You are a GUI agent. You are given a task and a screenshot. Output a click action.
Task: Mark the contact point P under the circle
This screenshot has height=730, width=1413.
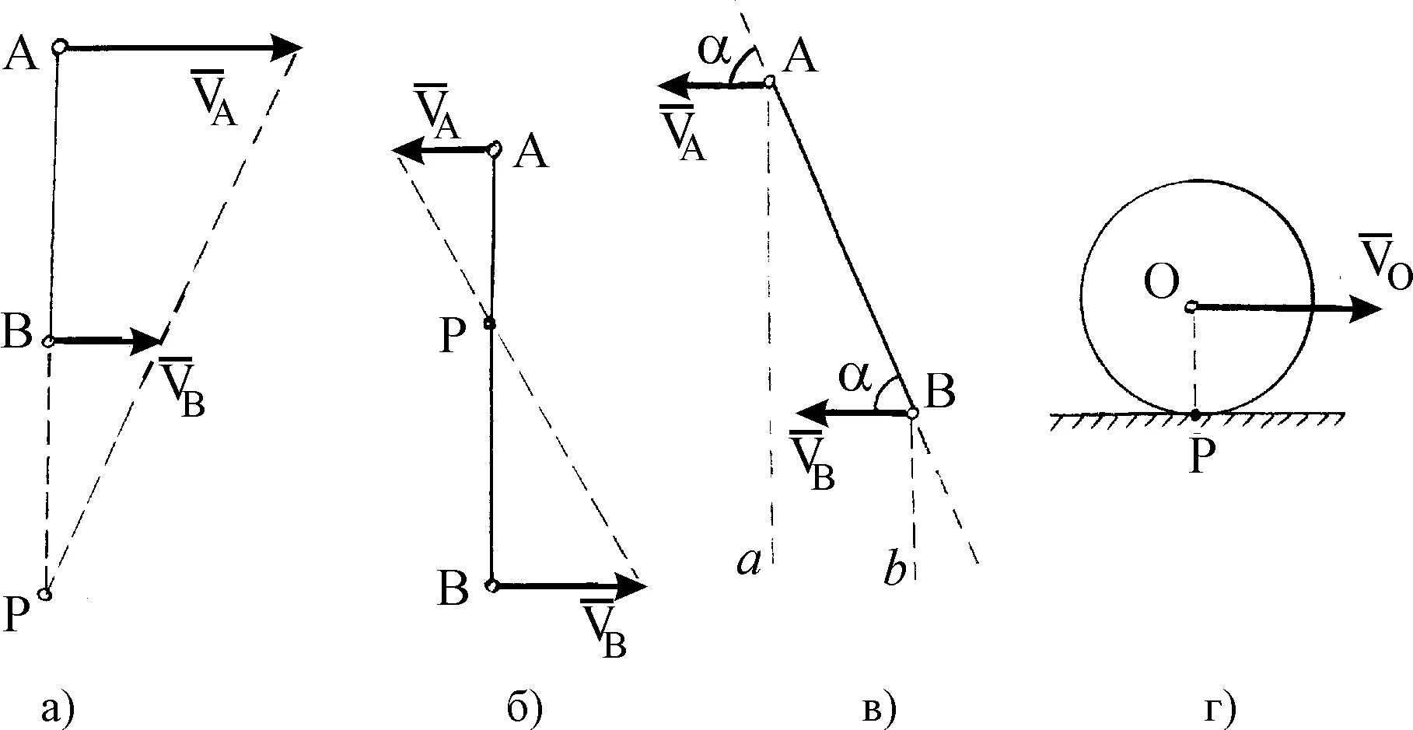pyautogui.click(x=1195, y=414)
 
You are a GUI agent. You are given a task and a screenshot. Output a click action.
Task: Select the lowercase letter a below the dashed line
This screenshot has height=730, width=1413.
pyautogui.click(x=748, y=562)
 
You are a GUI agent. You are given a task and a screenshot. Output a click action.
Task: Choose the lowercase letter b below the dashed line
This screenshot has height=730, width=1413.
pyautogui.click(x=895, y=571)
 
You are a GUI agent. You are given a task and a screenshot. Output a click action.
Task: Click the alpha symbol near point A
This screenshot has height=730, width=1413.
pyautogui.click(x=714, y=49)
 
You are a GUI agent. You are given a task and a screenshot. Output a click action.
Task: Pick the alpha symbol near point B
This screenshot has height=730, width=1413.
pyautogui.click(x=855, y=377)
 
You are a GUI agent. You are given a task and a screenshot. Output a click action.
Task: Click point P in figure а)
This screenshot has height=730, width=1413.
pyautogui.click(x=45, y=595)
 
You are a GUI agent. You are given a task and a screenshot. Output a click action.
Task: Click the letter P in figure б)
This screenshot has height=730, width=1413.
pyautogui.click(x=452, y=337)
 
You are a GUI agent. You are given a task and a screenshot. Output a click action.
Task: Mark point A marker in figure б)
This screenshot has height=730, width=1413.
pyautogui.click(x=493, y=149)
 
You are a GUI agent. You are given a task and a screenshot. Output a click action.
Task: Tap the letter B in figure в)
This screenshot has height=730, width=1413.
pyautogui.click(x=940, y=391)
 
